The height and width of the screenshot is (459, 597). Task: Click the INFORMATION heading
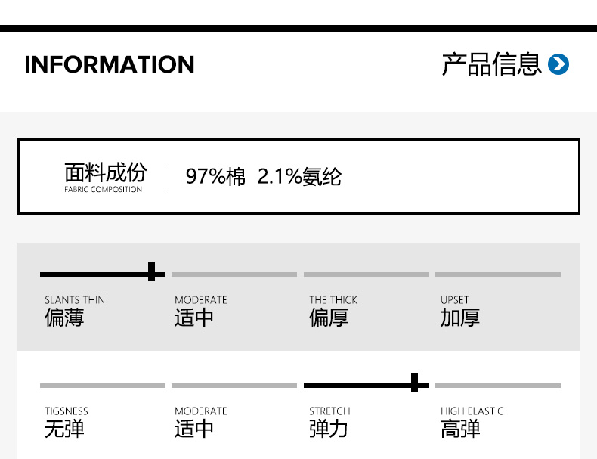(x=109, y=65)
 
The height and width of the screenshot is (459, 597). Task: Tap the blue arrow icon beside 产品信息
(x=558, y=65)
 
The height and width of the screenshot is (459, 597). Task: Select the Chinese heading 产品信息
(x=491, y=65)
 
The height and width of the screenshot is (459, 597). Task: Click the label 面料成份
(x=105, y=172)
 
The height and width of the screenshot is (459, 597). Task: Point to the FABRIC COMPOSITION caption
(x=103, y=190)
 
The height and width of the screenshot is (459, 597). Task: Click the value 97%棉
(x=215, y=177)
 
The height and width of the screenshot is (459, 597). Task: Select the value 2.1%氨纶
(x=299, y=177)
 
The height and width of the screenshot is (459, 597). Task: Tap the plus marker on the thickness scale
(x=153, y=272)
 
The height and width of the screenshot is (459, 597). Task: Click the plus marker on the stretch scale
(x=415, y=383)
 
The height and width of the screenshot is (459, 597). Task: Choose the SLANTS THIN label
(x=75, y=300)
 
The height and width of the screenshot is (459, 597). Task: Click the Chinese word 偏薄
(x=64, y=318)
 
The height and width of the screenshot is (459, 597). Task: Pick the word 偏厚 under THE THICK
(x=329, y=318)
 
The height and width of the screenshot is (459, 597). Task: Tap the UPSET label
(x=455, y=300)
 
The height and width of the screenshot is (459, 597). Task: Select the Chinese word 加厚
(x=460, y=318)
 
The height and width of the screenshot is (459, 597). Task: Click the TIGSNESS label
(x=67, y=411)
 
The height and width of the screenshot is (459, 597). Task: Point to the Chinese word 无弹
(x=64, y=430)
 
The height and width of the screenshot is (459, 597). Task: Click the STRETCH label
(x=329, y=411)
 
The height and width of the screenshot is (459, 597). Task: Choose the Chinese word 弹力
(x=329, y=430)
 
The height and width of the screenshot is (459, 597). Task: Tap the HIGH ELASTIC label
(x=472, y=411)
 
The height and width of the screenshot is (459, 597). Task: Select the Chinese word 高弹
(x=460, y=430)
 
